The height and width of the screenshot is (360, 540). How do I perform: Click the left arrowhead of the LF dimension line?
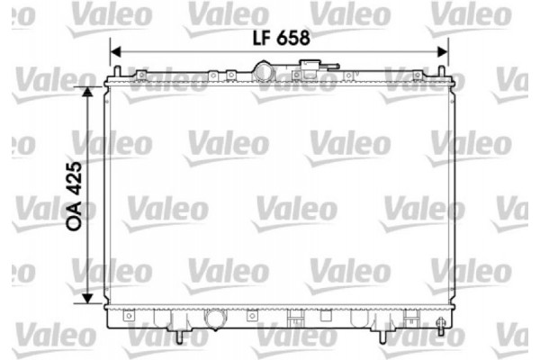[114, 52]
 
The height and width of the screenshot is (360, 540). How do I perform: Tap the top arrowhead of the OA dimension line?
[87, 92]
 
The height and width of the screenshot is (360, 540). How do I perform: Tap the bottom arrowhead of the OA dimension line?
[87, 300]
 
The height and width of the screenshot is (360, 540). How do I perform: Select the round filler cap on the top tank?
[265, 70]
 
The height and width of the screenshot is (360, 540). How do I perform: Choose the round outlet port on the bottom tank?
[216, 319]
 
